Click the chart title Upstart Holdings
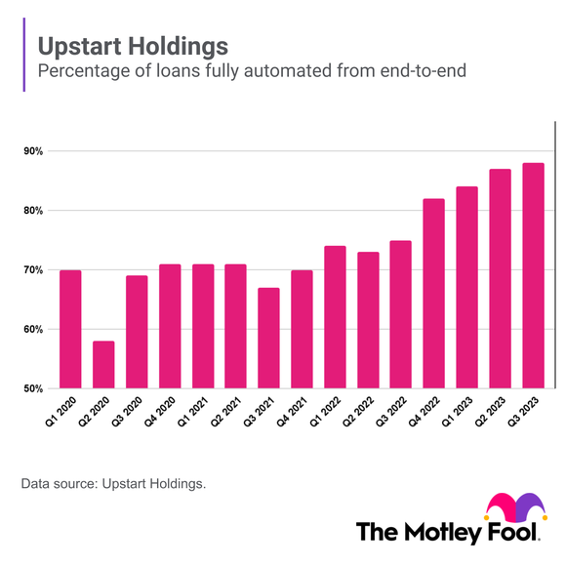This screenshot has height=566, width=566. pos(133,46)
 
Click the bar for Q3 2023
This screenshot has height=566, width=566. pos(533,275)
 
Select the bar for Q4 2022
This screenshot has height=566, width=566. pos(434,293)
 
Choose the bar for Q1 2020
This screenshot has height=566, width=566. pos(70,329)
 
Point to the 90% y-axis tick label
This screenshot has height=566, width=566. pos(33,151)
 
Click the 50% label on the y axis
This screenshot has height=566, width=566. pos(33,388)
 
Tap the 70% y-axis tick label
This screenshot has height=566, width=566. pos(33,270)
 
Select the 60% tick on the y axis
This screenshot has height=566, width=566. pos(33,330)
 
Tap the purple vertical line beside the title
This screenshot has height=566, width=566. pos(23,59)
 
